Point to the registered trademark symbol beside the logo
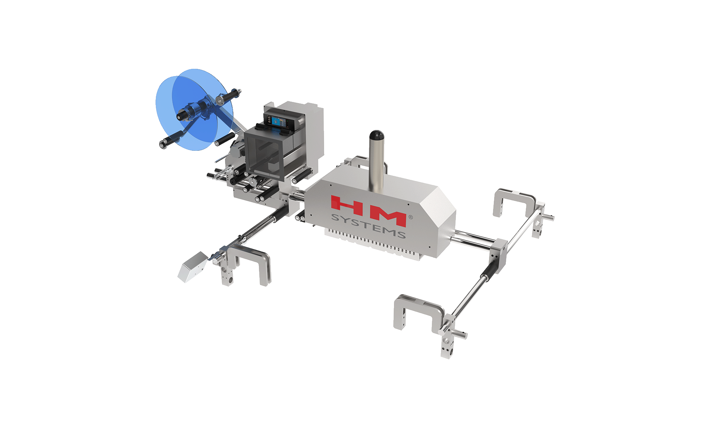[x=410, y=217]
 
